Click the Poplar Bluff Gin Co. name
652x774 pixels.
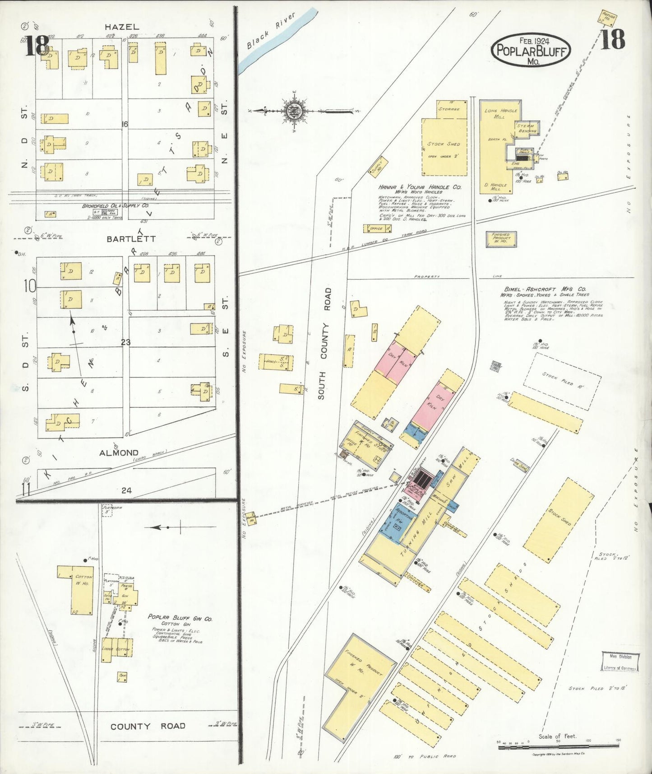[180, 618]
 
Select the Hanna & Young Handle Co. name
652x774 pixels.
[420, 187]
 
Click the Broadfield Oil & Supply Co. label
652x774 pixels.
[115, 205]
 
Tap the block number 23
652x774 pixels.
[125, 342]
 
